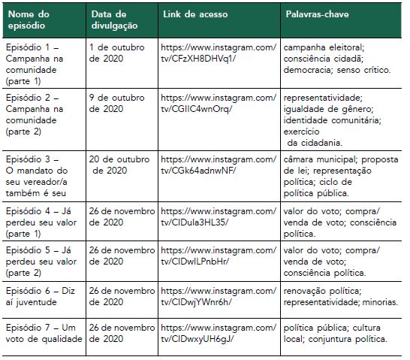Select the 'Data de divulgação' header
click(x=115, y=19)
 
